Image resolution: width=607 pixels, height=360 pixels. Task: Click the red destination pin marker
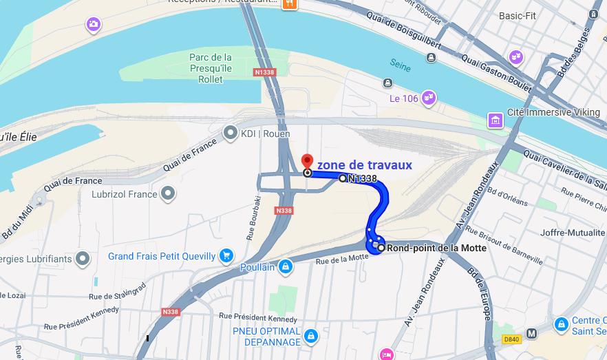pyautogui.click(x=307, y=160)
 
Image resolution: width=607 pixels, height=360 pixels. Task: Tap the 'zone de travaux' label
pyautogui.click(x=364, y=165)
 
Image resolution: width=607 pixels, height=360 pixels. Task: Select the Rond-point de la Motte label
pyautogui.click(x=436, y=248)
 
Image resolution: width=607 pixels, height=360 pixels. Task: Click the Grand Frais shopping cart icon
pyautogui.click(x=226, y=256)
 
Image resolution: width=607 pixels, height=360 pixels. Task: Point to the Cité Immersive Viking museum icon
pyautogui.click(x=494, y=120)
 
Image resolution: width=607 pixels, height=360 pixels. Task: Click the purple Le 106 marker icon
pyautogui.click(x=429, y=98)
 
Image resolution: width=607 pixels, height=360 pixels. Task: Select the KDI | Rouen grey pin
pyautogui.click(x=231, y=132)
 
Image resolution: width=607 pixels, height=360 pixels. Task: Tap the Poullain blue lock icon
pyautogui.click(x=286, y=266)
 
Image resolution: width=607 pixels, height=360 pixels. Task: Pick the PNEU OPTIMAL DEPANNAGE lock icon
pyautogui.click(x=311, y=336)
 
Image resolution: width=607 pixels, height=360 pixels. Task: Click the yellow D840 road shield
pyautogui.click(x=511, y=339)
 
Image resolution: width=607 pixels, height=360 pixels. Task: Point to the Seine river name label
pyautogui.click(x=401, y=66)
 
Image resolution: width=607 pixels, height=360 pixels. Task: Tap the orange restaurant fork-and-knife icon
pyautogui.click(x=290, y=3)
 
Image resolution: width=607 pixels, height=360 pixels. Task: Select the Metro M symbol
pyautogui.click(x=531, y=334)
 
